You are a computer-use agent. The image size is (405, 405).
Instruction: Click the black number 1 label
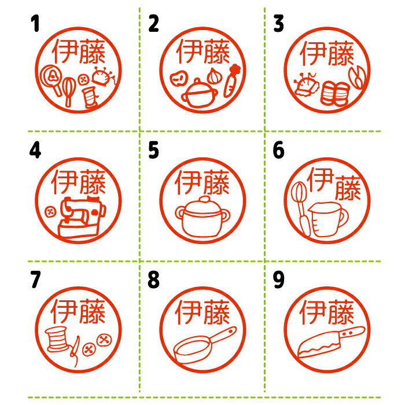click(35, 23)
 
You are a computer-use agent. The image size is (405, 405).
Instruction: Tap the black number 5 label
click(153, 150)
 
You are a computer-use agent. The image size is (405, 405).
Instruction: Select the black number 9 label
click(279, 279)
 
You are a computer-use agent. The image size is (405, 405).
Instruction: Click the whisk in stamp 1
click(69, 91)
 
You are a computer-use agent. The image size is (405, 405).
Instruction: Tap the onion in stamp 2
click(213, 76)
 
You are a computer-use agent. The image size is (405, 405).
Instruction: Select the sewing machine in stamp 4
click(80, 217)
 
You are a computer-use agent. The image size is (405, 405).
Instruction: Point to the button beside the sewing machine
click(50, 212)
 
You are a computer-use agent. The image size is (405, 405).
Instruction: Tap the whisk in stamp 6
click(301, 207)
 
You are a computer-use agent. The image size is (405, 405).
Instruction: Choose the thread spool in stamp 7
click(56, 339)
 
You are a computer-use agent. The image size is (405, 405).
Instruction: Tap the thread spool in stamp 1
click(90, 97)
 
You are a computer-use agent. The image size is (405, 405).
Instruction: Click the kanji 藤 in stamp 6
click(348, 188)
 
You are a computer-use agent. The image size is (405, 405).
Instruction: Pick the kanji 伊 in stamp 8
click(188, 312)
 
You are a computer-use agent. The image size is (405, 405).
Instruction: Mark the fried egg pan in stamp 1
click(52, 79)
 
